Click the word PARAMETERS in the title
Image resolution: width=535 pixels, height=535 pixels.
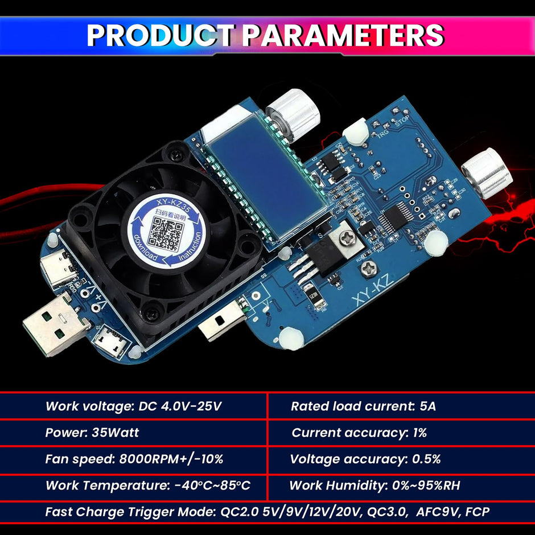[x=343, y=35]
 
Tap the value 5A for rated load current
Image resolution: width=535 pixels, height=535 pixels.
[x=427, y=406]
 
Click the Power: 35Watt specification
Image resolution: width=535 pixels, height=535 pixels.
[x=92, y=433]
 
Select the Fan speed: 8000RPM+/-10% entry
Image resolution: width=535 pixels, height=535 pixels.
[x=134, y=459]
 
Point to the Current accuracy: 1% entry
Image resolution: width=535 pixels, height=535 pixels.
[x=359, y=433]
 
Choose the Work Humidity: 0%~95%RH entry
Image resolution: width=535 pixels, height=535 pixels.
[x=374, y=485]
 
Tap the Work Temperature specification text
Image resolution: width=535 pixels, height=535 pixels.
[x=148, y=485]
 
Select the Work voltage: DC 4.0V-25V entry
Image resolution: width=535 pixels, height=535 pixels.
[x=133, y=406]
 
